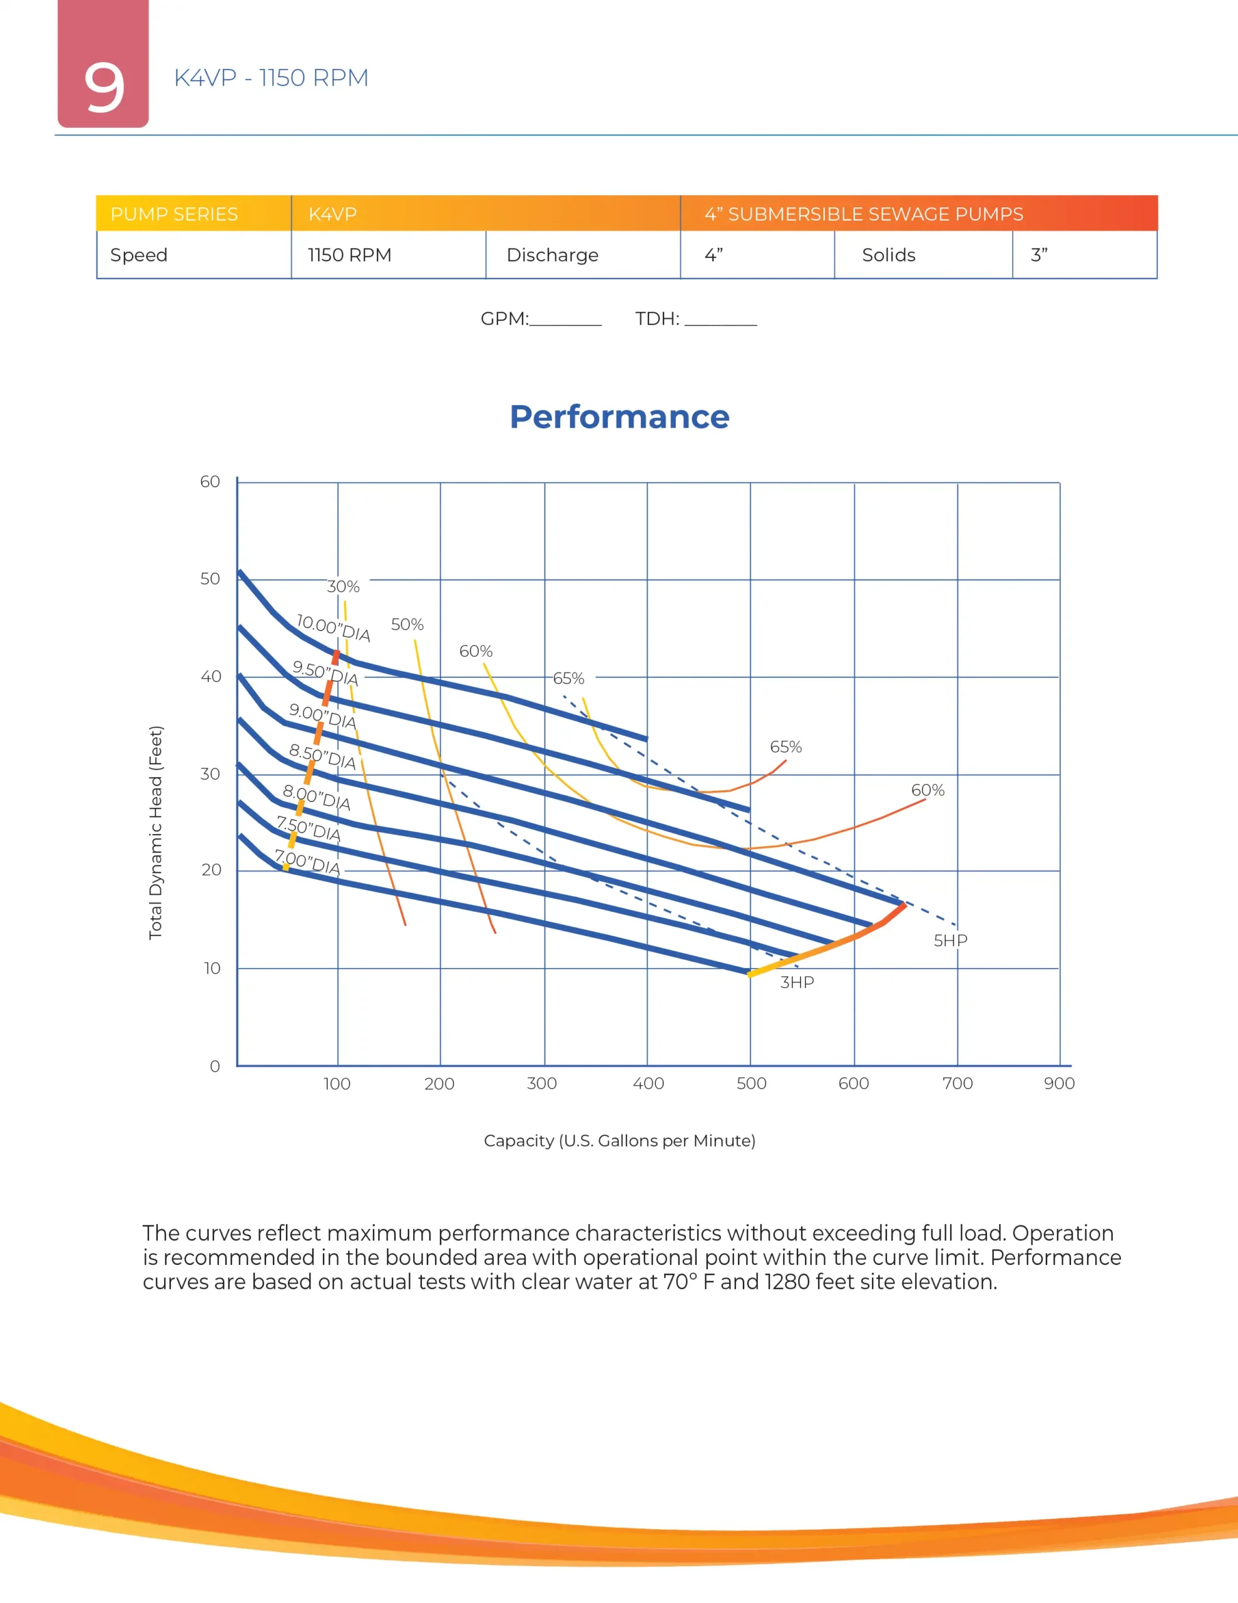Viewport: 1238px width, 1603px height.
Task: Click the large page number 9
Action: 103,86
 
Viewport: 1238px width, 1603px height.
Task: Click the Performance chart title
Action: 620,416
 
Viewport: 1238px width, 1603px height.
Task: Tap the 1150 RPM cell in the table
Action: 349,255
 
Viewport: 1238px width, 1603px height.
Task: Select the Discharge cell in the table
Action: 553,255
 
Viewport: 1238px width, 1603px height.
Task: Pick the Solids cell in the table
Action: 888,255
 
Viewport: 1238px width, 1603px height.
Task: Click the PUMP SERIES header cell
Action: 174,214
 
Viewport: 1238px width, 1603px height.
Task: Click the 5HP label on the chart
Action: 950,941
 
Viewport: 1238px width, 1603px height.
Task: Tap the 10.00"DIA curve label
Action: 333,628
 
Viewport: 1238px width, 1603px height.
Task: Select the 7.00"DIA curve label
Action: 307,862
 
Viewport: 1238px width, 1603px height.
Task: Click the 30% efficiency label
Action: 344,587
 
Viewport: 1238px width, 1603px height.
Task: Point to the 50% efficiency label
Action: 407,625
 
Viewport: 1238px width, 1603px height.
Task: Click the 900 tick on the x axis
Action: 1059,1083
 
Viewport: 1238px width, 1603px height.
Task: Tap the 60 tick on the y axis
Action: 210,482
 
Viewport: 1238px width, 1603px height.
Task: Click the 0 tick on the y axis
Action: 214,1066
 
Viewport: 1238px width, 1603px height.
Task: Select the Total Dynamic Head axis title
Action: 156,832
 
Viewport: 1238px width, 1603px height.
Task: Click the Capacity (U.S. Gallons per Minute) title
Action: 620,1141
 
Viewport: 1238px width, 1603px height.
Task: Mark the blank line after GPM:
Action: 565,320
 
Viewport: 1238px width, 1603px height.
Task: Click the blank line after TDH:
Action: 720,320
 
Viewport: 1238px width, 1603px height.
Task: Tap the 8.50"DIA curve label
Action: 322,756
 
